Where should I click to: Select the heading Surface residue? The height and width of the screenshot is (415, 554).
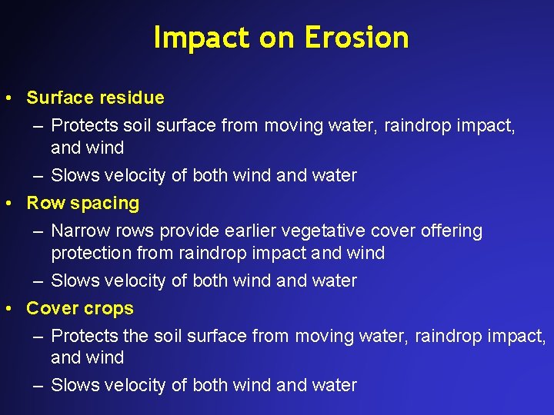95,98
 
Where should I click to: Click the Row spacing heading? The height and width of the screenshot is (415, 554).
82,203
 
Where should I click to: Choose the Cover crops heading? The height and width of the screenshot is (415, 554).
79,308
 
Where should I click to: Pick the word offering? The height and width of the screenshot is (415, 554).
449,231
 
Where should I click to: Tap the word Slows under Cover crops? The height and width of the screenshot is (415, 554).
71,385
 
